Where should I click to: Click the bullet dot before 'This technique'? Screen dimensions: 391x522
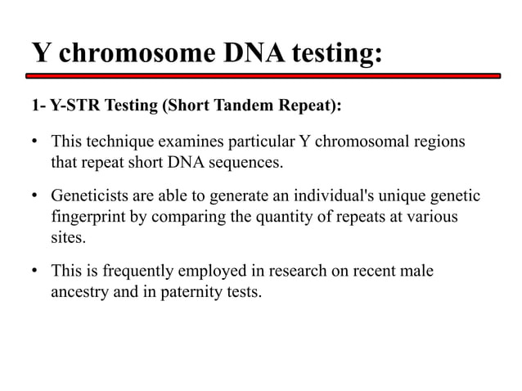tap(35, 142)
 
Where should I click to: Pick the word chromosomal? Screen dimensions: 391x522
tap(355, 142)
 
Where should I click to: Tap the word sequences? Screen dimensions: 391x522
tap(245, 162)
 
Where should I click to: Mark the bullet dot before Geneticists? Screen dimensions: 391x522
tap(35, 197)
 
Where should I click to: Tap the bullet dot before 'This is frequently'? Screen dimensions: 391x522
tap(35, 271)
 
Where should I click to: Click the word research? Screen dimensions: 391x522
tap(289, 271)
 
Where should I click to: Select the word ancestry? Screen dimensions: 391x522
tap(80, 290)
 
